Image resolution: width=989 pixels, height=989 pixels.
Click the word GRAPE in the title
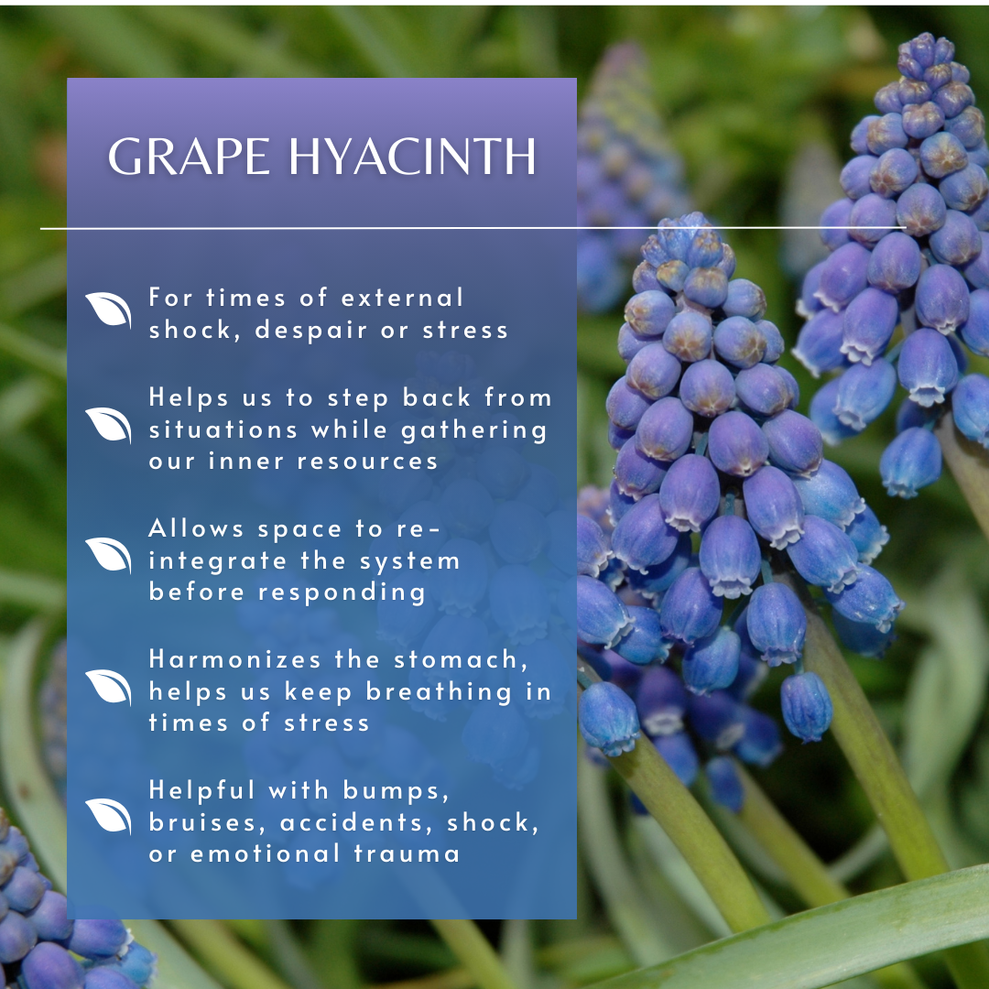[190, 157]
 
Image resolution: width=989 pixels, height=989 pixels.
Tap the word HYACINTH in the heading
[413, 157]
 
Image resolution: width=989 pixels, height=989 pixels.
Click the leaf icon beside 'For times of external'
[108, 310]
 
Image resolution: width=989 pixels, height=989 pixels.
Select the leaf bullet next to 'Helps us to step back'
[108, 425]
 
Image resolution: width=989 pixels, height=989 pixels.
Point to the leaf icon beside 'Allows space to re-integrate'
[108, 555]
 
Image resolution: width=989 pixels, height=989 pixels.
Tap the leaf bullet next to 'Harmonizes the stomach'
[108, 687]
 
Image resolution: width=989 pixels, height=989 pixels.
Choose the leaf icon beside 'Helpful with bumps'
[108, 816]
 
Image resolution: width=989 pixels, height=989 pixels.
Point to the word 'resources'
[367, 462]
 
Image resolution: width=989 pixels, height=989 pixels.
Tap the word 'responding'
[342, 592]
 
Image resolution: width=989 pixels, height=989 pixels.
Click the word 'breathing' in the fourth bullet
[439, 692]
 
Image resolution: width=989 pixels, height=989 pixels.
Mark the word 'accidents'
[357, 823]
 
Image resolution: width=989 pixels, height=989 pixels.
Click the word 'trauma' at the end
[407, 854]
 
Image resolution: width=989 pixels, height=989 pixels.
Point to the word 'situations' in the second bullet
[223, 430]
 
